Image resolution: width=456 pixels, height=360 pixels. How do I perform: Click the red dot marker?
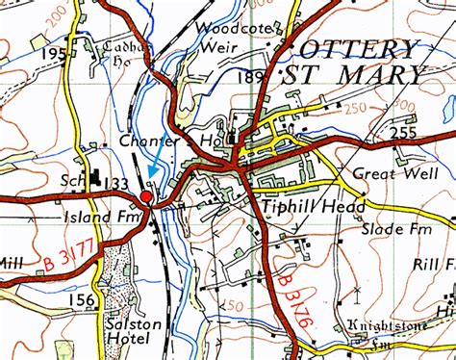coord(146,197)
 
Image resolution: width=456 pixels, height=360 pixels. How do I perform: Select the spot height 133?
coord(116,183)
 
